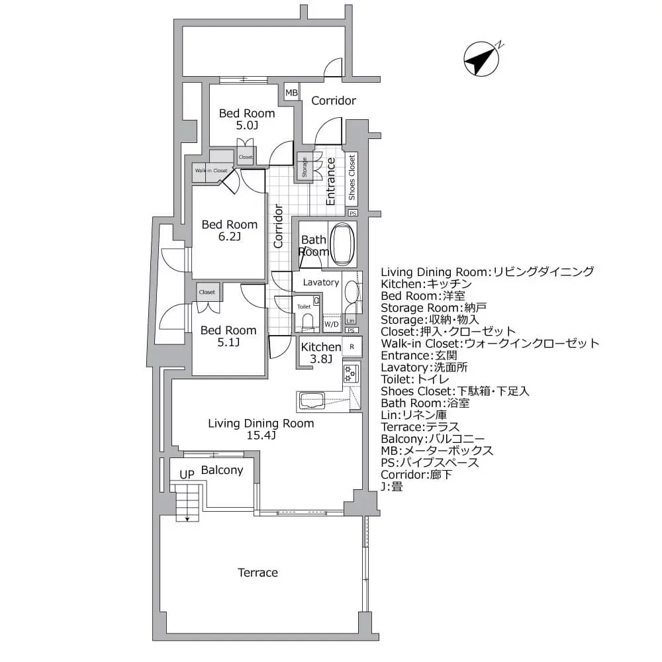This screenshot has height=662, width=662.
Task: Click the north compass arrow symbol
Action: (481, 60)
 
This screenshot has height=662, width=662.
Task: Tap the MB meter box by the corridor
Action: (291, 93)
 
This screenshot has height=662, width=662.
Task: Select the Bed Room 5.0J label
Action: (247, 119)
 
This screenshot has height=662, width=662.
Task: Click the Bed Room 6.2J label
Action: (229, 230)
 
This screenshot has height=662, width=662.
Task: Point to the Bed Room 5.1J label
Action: (228, 336)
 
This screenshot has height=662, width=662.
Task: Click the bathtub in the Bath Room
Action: (342, 244)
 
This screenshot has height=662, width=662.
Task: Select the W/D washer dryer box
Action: (332, 324)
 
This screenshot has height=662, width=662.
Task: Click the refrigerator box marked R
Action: (352, 346)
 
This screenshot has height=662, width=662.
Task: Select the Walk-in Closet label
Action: (211, 171)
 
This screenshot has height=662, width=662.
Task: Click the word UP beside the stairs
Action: (187, 475)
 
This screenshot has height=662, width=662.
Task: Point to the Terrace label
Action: (258, 573)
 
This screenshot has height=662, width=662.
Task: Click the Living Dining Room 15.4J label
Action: (261, 429)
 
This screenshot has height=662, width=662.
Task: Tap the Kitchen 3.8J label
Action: (320, 353)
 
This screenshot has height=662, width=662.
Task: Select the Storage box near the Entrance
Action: (304, 167)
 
